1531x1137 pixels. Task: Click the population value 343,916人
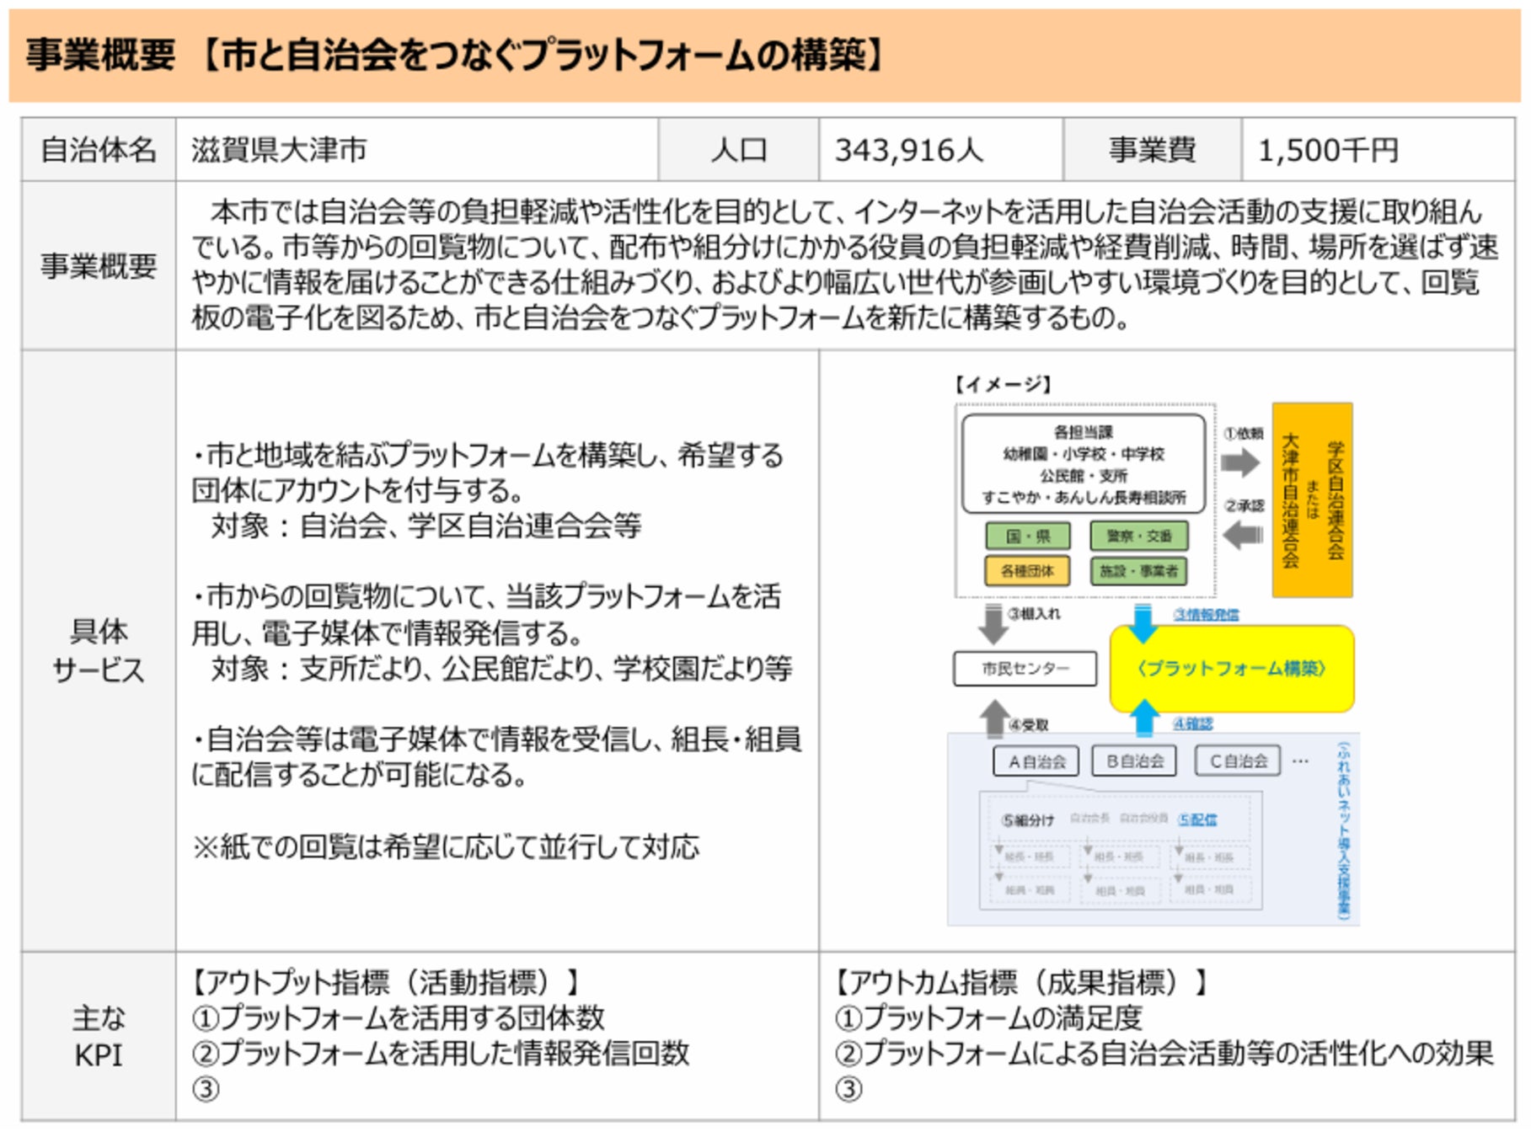tap(908, 151)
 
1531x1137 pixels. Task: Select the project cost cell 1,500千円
tap(1328, 151)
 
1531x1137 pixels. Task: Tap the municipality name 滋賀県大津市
tap(279, 151)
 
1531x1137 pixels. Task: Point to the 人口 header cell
tap(738, 151)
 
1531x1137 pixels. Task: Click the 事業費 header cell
tap(1152, 151)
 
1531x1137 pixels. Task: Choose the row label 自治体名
tap(99, 151)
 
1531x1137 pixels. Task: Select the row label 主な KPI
tap(99, 1036)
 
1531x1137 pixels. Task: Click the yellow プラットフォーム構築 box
tap(1231, 669)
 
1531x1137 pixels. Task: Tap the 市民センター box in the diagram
tap(1025, 669)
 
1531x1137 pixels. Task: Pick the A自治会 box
tap(1036, 761)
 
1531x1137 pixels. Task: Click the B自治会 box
tap(1134, 761)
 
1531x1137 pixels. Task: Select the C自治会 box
tap(1238, 761)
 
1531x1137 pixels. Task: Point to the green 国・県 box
tap(1027, 536)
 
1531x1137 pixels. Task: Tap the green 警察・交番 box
tap(1138, 536)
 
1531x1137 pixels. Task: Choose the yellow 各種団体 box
tap(1027, 571)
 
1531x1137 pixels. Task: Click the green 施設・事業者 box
tap(1138, 571)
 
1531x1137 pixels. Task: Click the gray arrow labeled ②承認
tap(1242, 534)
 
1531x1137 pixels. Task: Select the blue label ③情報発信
tap(1206, 615)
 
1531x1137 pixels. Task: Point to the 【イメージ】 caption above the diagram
tap(1002, 385)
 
